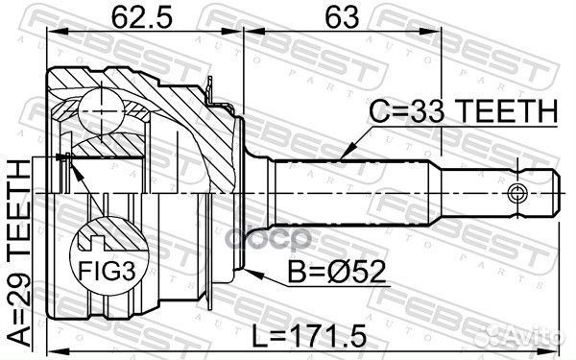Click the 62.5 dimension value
141,17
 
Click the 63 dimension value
342,17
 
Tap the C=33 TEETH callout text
463,111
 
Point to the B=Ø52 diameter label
337,272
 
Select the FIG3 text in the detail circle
108,273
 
